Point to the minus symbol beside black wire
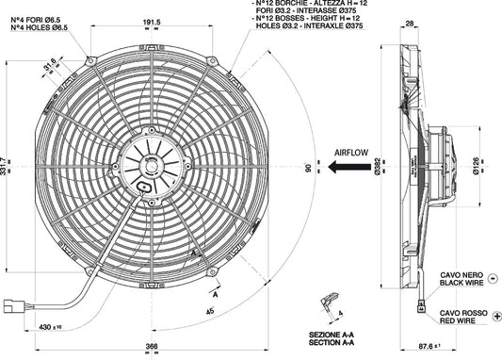[496, 280]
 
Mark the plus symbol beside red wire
[496, 315]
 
